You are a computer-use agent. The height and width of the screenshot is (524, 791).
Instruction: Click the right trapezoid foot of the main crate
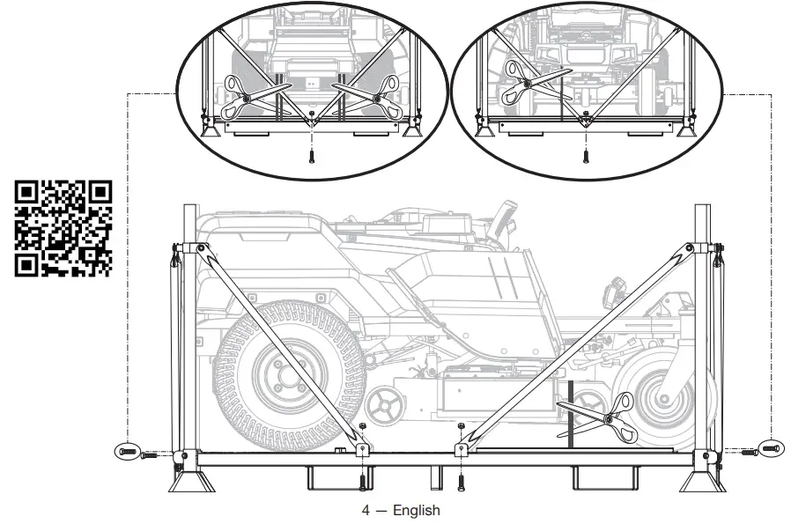pos(704,483)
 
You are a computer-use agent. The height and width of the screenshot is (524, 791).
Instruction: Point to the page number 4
pos(366,511)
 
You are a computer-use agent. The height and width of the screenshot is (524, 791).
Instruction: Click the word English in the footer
pos(416,511)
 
